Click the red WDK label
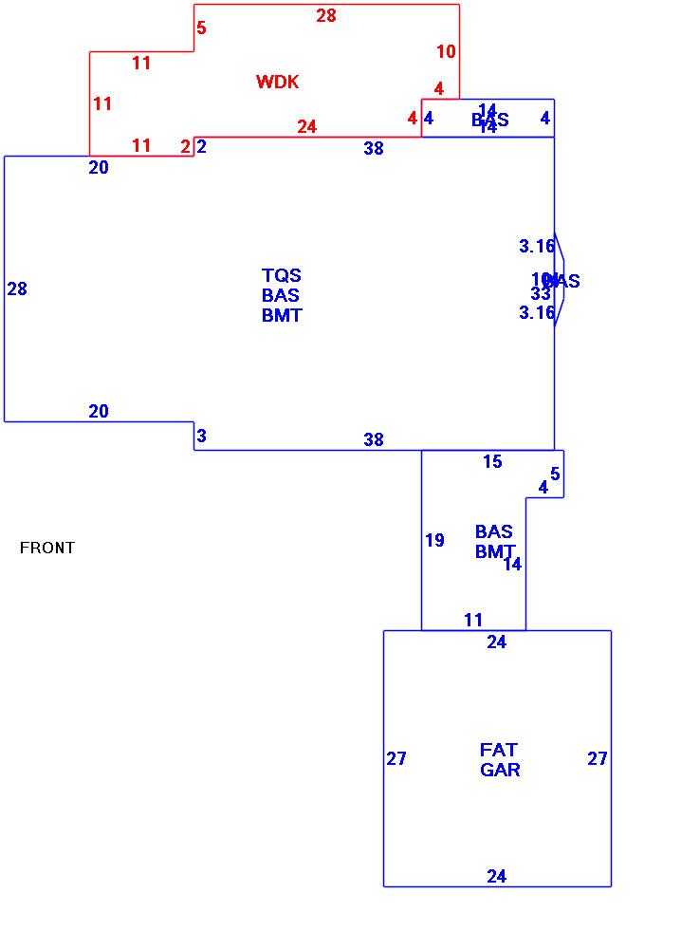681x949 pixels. tap(277, 83)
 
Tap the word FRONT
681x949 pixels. tap(47, 548)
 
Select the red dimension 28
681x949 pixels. tap(326, 16)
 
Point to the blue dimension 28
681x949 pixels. tap(17, 289)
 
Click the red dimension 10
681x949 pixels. tap(446, 51)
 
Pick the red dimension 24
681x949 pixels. tap(306, 126)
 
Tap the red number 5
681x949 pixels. tap(201, 28)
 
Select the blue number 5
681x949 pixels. tap(555, 474)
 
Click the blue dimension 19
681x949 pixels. tap(434, 541)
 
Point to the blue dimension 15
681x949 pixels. tap(492, 462)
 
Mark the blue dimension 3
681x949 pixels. tap(202, 437)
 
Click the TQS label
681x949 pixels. tap(282, 276)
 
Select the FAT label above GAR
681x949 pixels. tap(499, 750)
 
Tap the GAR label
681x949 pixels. tap(500, 770)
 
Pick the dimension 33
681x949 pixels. tap(541, 294)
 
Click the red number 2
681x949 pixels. tap(185, 147)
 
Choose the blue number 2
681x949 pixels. tap(202, 147)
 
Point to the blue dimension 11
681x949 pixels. tap(473, 621)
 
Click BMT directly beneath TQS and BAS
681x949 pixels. tap(282, 316)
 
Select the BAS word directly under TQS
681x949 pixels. tap(281, 296)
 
